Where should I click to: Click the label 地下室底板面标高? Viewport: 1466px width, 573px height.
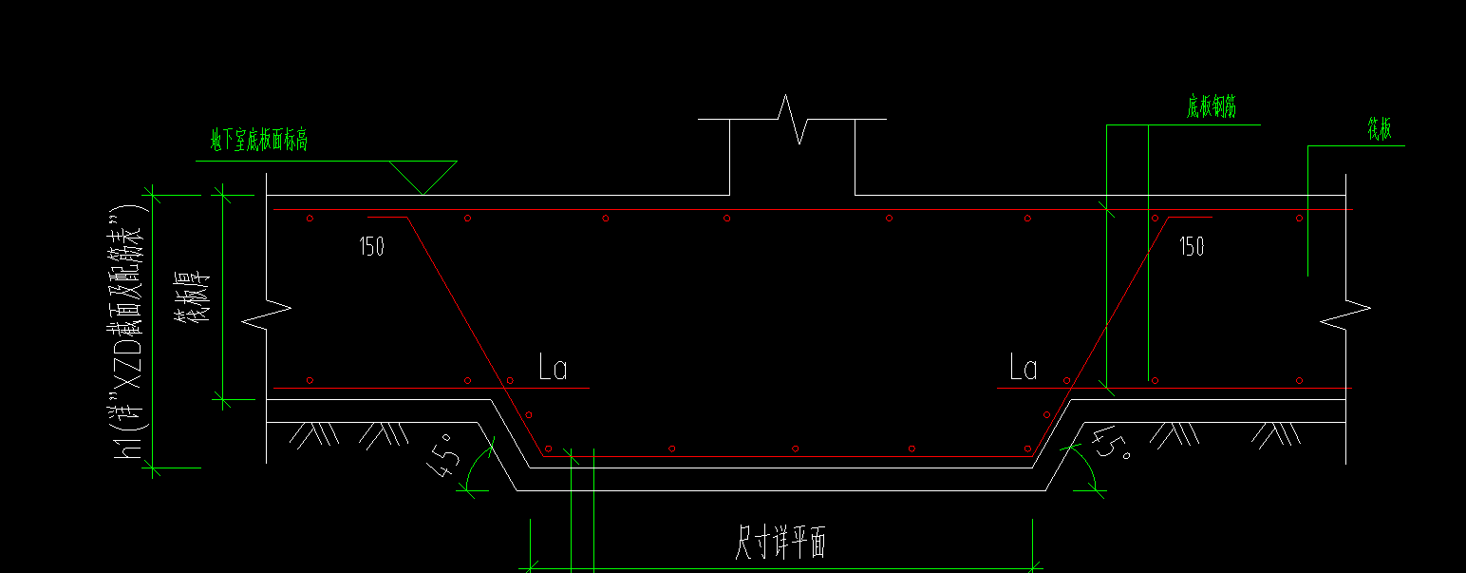coord(259,142)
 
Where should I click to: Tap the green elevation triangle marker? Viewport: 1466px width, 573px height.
coord(423,177)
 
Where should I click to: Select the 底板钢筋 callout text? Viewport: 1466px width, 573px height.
coord(1212,107)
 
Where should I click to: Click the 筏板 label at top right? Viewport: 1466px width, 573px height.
coord(1380,131)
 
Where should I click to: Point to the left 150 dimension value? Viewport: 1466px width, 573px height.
coord(371,247)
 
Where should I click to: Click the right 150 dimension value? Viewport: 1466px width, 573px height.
coord(1192,247)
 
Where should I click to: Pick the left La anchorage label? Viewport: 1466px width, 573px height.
coord(552,368)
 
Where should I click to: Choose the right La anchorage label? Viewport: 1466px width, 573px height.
coord(1023,368)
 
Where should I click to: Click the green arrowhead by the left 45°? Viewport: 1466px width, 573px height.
coord(466,487)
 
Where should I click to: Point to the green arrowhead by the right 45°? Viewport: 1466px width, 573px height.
coord(1097,488)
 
